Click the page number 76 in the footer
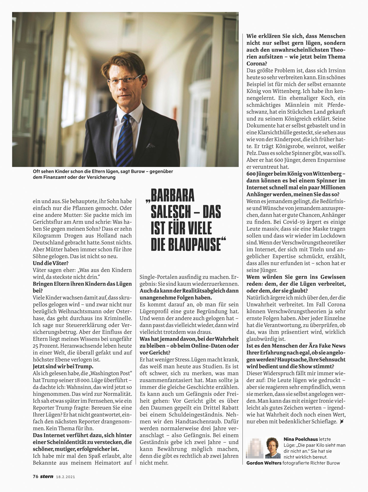pyautogui.click(x=35, y=477)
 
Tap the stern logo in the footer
pyautogui.click(x=47, y=477)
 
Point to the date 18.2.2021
pyautogui.click(x=65, y=477)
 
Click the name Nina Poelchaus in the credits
pyautogui.click(x=301, y=439)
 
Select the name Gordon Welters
pyautogui.click(x=264, y=463)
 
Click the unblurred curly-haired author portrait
pyautogui.click(x=273, y=448)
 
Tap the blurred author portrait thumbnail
pyautogui.click(x=255, y=448)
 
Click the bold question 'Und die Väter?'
pyautogui.click(x=51, y=263)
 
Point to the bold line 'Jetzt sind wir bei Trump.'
pyautogui.click(x=63, y=366)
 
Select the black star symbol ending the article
pyautogui.click(x=341, y=422)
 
